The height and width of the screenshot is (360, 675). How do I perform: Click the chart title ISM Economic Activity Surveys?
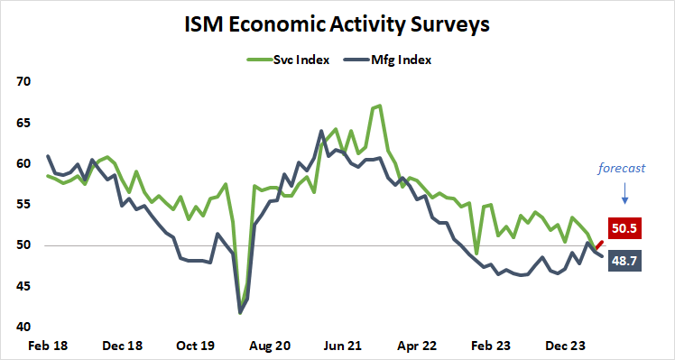(x=337, y=24)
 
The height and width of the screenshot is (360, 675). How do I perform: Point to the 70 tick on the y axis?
(x=23, y=81)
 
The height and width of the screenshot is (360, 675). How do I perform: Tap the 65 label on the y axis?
(x=23, y=123)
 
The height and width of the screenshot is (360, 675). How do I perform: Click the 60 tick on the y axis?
(x=23, y=163)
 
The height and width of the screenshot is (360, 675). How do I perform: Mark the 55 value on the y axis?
(x=23, y=205)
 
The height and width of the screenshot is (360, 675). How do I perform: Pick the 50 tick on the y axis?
(x=23, y=245)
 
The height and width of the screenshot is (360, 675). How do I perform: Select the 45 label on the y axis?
(x=23, y=286)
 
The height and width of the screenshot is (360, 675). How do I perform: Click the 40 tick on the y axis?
(x=23, y=328)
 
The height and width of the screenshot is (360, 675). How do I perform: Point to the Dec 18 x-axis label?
(x=121, y=346)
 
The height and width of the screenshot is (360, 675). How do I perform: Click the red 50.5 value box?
(x=624, y=227)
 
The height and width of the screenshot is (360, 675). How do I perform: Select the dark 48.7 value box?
(x=624, y=261)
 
